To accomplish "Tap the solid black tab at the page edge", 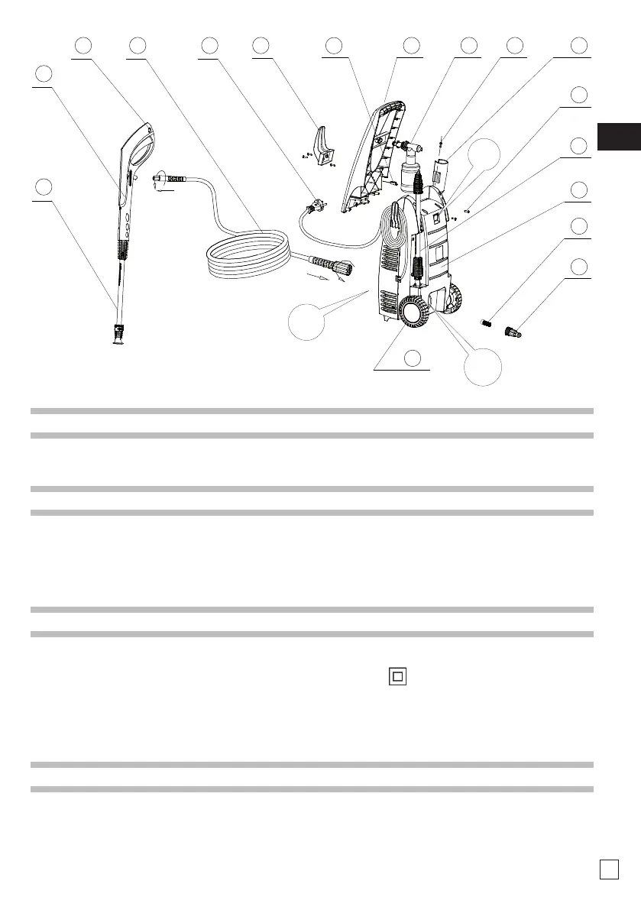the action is [x=619, y=136].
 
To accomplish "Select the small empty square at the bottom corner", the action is [x=608, y=870].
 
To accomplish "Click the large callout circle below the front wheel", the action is [x=484, y=368].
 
